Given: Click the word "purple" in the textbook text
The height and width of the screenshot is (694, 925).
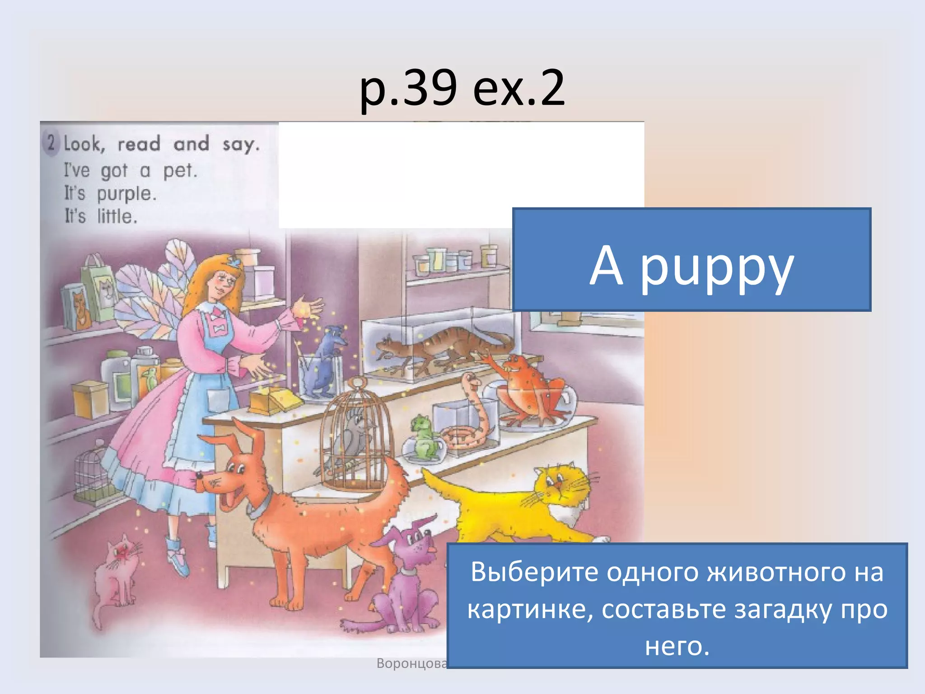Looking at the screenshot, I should point(126,194).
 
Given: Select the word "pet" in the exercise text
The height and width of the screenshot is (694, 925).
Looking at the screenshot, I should point(180,171).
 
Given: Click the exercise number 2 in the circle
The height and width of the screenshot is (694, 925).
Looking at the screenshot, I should point(51,143).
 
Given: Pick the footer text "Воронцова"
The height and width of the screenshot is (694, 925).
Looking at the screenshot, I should point(411,663).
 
